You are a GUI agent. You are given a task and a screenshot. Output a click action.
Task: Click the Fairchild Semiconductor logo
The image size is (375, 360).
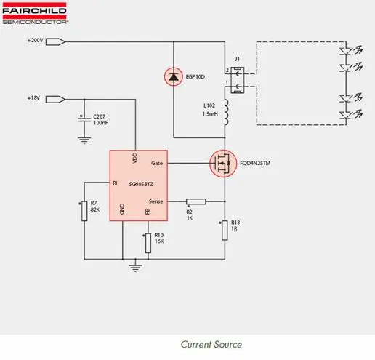[x=35, y=13]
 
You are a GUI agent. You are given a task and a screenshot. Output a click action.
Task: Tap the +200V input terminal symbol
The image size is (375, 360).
[x=55, y=41]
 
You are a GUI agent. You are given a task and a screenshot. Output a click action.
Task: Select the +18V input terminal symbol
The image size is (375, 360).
[x=55, y=100]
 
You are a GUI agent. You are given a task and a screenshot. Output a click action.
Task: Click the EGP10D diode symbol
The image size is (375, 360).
[x=174, y=77]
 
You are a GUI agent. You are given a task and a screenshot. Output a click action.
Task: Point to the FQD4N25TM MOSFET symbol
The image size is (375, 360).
[x=223, y=164]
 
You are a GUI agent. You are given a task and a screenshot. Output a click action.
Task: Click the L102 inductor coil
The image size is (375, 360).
[x=226, y=112]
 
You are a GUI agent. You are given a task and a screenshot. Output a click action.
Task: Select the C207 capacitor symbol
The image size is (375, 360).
[x=84, y=119]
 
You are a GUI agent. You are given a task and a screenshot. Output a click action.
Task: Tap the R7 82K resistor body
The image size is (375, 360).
[x=84, y=211]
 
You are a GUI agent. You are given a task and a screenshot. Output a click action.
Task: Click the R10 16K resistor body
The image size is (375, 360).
[x=148, y=243]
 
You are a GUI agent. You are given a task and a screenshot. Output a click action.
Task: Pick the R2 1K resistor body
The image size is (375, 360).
[x=196, y=201]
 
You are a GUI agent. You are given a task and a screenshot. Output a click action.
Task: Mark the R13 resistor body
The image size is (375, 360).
[x=225, y=231]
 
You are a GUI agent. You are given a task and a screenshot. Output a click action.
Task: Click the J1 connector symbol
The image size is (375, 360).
[x=237, y=80]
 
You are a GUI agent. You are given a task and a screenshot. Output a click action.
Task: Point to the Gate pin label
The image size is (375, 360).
[x=157, y=163]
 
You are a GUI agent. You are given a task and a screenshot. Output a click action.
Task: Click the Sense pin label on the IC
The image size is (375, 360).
[x=156, y=201]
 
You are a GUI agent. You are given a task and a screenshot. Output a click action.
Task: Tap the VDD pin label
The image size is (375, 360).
[x=135, y=158]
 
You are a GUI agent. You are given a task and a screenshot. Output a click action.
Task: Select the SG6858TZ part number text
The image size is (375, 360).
[x=141, y=184]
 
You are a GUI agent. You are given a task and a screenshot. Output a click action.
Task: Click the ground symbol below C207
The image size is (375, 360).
[x=84, y=140]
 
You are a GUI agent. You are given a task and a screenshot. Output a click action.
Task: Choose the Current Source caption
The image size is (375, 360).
[x=211, y=345]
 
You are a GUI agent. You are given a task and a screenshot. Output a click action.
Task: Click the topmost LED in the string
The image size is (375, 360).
[x=346, y=51]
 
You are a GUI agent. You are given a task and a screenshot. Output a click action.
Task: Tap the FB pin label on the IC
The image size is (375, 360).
[x=148, y=212]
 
